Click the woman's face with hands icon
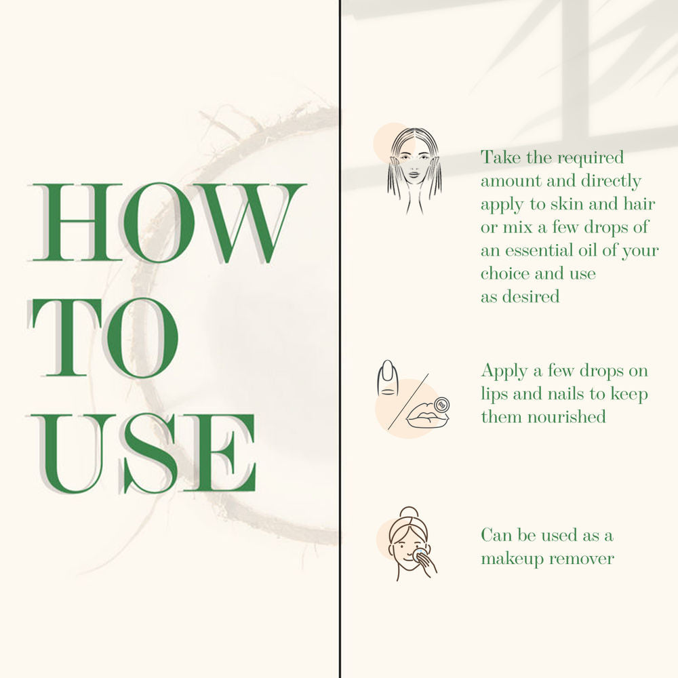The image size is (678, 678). [415, 171]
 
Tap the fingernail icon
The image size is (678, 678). [387, 378]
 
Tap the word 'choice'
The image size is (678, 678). [504, 273]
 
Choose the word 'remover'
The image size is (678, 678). [582, 559]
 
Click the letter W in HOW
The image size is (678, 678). [250, 223]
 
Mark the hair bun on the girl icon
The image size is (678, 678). [410, 513]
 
